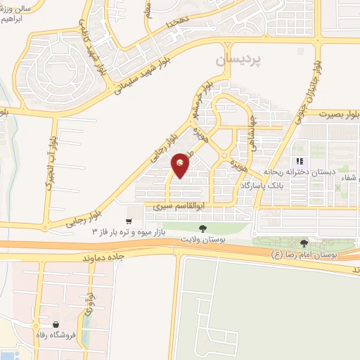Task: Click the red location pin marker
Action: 181,165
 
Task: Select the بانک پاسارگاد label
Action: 261,185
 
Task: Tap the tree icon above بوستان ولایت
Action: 202,229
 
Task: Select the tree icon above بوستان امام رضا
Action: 304,243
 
